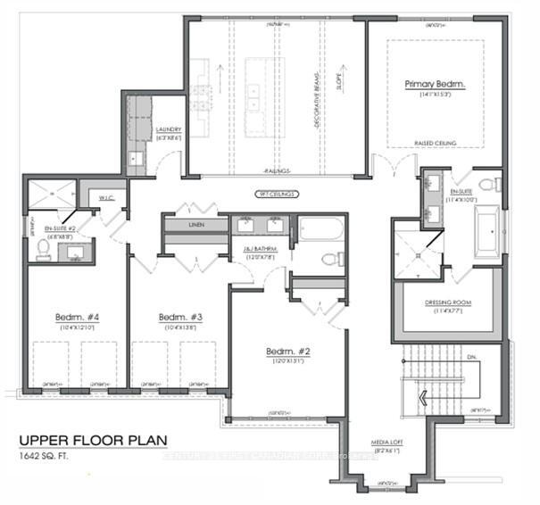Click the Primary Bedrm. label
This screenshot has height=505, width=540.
(x=432, y=86)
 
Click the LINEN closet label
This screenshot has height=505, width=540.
(x=196, y=225)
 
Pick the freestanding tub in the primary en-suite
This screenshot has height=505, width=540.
(x=487, y=230)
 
